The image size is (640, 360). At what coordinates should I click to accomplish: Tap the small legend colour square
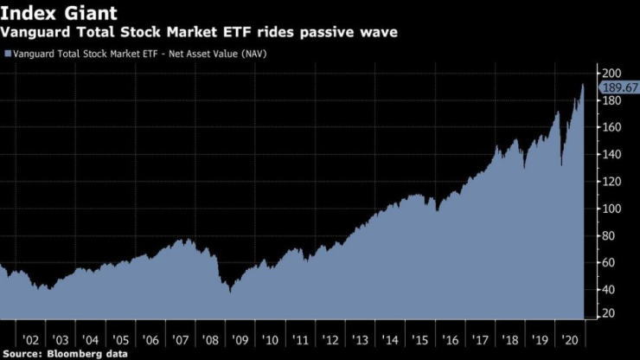(x=8, y=55)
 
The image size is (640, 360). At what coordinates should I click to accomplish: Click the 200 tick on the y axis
(x=610, y=73)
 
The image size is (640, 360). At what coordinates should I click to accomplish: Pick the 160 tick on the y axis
(x=610, y=127)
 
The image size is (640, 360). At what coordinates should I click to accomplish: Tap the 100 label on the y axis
(x=610, y=209)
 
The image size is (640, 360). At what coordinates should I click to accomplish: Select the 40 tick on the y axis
(x=607, y=290)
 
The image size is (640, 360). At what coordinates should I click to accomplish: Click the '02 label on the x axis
(x=31, y=340)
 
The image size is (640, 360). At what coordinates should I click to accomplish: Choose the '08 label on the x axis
(x=210, y=340)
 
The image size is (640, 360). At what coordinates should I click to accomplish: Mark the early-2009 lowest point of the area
(x=229, y=292)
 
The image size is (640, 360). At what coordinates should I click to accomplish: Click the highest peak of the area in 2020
(x=583, y=84)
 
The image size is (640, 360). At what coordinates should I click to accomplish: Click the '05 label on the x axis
(x=120, y=340)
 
